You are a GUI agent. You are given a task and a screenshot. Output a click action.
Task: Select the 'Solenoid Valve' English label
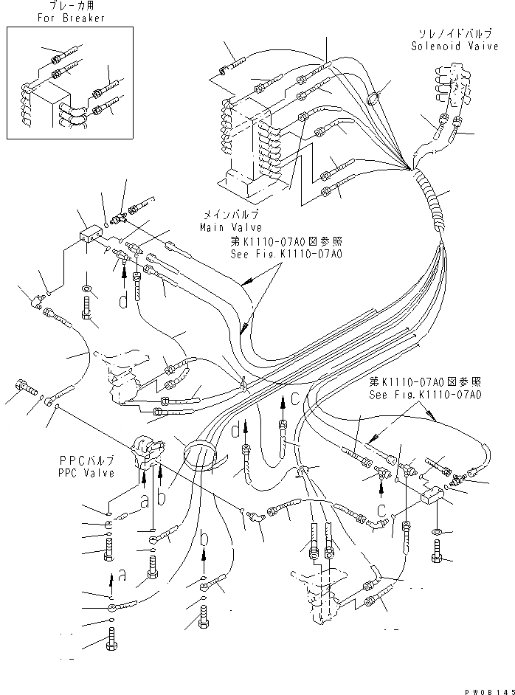pyautogui.click(x=446, y=46)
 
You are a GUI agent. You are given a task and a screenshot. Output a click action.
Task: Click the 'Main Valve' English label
pyautogui.click(x=232, y=227)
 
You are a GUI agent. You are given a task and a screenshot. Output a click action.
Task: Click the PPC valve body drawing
pyautogui.click(x=146, y=452)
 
